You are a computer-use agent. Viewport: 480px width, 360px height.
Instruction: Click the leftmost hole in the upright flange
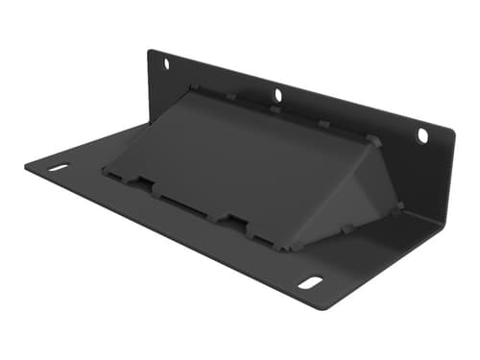(166, 64)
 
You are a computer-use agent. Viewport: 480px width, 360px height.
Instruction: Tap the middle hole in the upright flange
(278, 95)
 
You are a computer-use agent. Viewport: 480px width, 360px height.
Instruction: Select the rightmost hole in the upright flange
(421, 136)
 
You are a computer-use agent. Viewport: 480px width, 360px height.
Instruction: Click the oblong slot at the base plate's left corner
(59, 168)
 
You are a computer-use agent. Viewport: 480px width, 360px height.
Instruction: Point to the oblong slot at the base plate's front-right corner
(310, 282)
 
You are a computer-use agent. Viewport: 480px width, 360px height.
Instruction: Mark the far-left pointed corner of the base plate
(26, 165)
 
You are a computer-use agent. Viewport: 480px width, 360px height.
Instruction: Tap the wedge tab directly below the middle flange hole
(275, 109)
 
